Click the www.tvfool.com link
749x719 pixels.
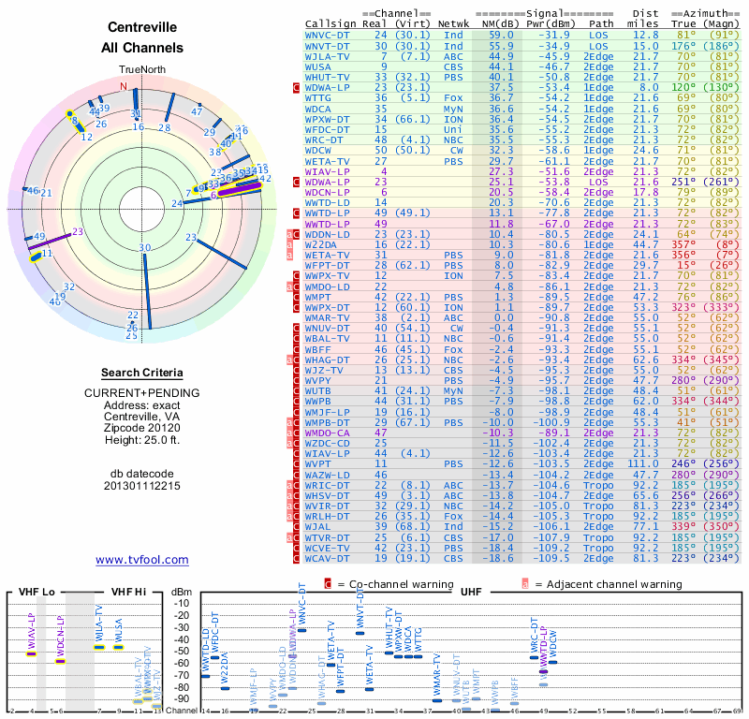tap(141, 560)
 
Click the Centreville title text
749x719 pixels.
tap(141, 28)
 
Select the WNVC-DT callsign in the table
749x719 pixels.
tap(329, 34)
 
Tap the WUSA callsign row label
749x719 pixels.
tap(318, 66)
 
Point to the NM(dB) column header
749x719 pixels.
tap(497, 22)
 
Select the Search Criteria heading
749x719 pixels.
tap(141, 373)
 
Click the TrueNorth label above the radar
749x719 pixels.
tap(141, 70)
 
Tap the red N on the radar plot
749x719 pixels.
tap(123, 86)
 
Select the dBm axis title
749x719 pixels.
tap(179, 592)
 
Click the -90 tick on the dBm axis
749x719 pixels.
tap(183, 698)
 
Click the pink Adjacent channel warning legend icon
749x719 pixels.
tap(526, 584)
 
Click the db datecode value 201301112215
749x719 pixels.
tap(141, 486)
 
